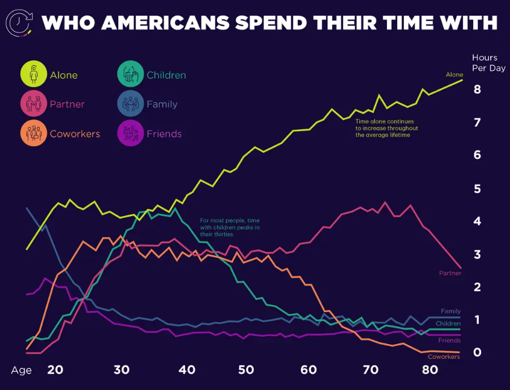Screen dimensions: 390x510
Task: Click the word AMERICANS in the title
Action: (165, 23)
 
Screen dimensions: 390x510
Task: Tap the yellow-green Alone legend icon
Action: (34, 74)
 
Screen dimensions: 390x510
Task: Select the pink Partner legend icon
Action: (34, 104)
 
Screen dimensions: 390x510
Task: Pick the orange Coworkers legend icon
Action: (34, 133)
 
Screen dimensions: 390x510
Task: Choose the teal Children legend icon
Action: (130, 75)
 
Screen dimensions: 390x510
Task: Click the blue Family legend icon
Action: (130, 104)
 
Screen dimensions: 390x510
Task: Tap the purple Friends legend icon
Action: (130, 133)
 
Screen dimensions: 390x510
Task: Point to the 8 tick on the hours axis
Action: (477, 89)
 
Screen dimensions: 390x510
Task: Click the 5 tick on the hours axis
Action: (477, 188)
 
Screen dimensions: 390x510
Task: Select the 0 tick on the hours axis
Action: (477, 352)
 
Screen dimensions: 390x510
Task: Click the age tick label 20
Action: (55, 370)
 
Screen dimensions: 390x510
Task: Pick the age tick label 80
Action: (430, 370)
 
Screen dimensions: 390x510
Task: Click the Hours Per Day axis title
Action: (488, 63)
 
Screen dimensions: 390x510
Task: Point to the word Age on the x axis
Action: (21, 370)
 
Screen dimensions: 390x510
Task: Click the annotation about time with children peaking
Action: (230, 227)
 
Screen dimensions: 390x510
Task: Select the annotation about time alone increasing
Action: (386, 128)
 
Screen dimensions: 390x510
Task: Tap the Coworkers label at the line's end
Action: (444, 357)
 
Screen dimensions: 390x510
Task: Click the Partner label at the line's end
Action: (450, 273)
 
